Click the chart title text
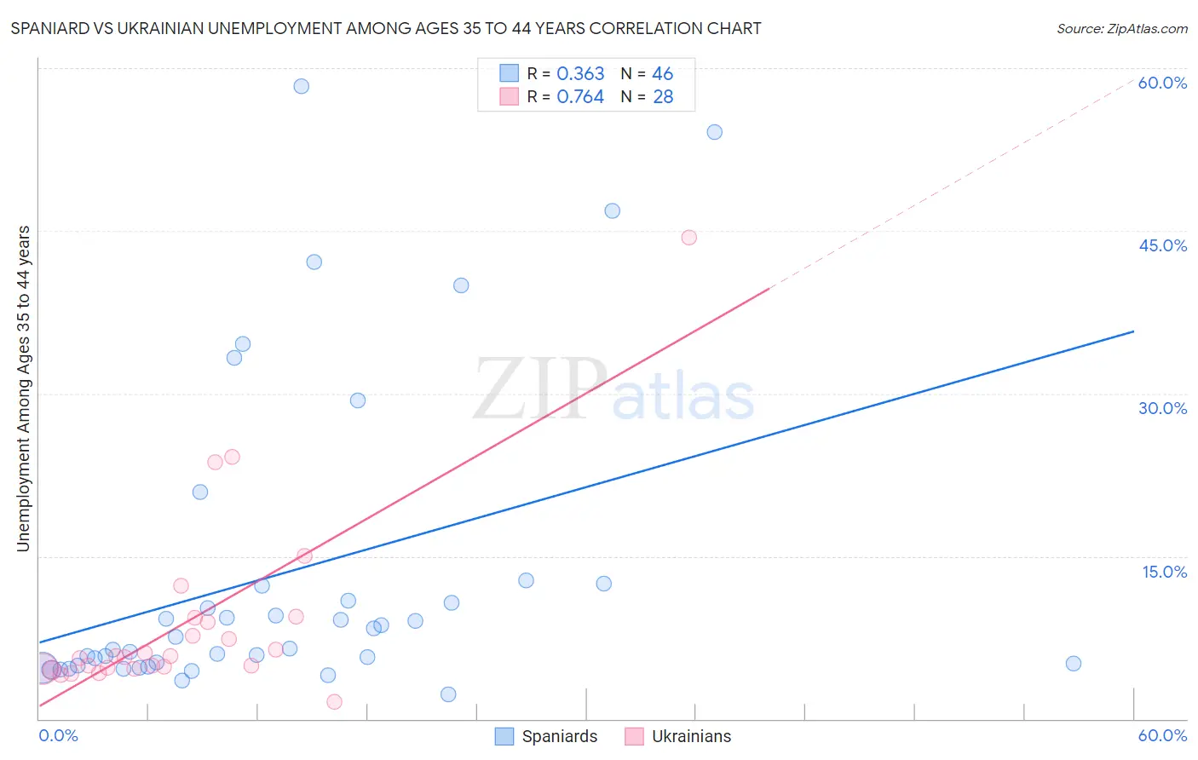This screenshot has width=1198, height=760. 386,28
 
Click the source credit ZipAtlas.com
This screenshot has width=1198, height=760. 1121,28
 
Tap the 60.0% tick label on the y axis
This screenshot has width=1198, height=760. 1162,83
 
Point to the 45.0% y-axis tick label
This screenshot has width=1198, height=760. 1162,245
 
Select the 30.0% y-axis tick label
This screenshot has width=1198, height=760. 1162,408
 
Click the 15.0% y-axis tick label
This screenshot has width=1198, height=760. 1164,572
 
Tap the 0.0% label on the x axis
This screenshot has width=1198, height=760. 58,735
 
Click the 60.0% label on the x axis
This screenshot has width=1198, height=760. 1162,735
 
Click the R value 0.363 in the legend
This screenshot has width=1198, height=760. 580,74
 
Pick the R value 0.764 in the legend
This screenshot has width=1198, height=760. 580,97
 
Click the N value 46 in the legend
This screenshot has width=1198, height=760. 662,74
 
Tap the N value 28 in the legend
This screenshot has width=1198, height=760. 662,97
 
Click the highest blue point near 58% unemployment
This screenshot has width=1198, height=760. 301,86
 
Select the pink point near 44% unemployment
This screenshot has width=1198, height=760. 688,238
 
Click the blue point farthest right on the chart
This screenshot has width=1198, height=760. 1073,664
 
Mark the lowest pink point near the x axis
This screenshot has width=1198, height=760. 334,701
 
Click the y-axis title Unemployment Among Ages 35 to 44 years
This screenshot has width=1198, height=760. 24,389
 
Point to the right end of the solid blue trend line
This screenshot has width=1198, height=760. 1133,331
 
